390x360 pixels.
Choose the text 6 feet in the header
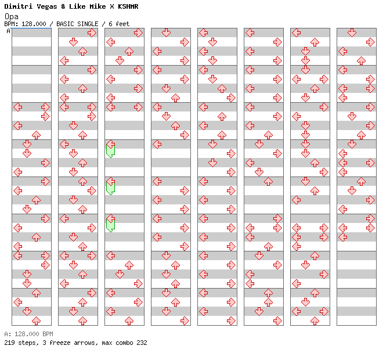(119, 24)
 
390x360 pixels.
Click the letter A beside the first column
(8, 31)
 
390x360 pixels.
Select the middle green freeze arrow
(110, 186)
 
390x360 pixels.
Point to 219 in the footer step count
(10, 343)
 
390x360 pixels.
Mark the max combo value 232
(141, 343)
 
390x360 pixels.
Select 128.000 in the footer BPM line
(26, 334)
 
